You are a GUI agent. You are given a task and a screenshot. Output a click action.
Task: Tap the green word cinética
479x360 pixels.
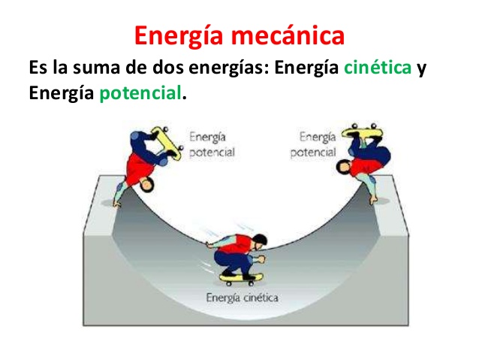[378, 69]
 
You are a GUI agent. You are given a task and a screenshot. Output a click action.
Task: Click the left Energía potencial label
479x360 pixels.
[212, 144]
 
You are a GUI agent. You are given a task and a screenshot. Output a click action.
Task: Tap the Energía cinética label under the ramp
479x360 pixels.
[242, 298]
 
